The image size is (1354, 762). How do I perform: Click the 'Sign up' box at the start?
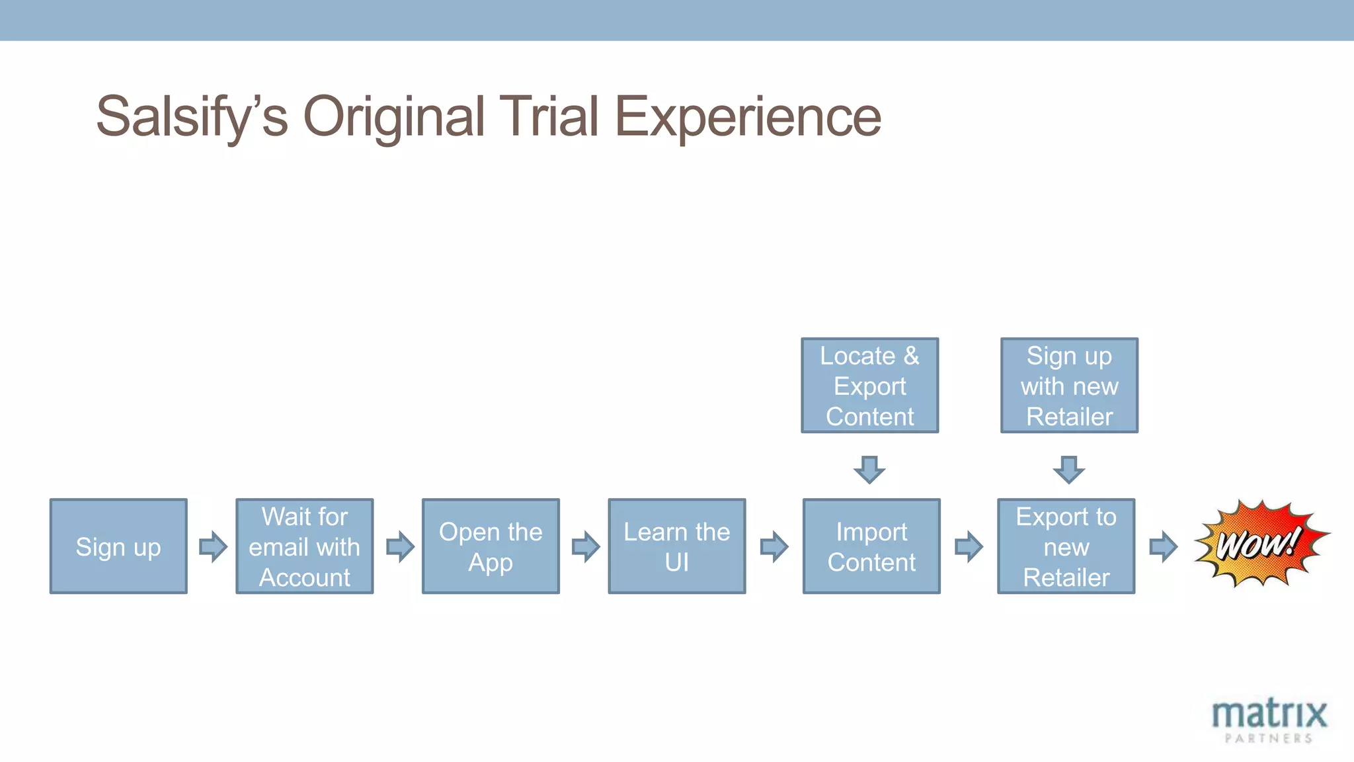pos(118,546)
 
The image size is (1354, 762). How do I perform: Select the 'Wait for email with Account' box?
pos(305,546)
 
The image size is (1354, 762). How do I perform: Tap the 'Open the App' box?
pos(491,546)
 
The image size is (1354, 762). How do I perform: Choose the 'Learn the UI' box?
pos(677,546)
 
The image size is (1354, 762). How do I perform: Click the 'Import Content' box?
pos(871,546)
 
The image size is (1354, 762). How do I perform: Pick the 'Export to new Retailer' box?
pos(1066,546)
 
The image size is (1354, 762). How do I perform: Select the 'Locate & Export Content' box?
pos(869,386)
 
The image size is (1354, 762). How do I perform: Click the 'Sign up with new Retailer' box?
pos(1069,386)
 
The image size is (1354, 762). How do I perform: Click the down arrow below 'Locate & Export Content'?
pos(869,469)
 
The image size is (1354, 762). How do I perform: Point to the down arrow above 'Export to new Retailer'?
pos(1068,469)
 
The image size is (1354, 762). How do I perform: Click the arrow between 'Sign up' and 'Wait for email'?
pos(213,546)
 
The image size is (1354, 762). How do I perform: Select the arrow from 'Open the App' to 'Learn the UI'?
pos(586,546)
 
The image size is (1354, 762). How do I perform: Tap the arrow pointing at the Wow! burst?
pos(1163,546)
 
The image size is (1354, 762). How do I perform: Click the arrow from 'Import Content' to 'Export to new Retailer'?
pos(969,546)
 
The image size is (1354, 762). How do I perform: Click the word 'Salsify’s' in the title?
pos(192,117)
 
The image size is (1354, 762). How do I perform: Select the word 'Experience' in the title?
pos(748,117)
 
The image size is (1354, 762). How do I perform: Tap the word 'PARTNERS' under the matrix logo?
pos(1269,738)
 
